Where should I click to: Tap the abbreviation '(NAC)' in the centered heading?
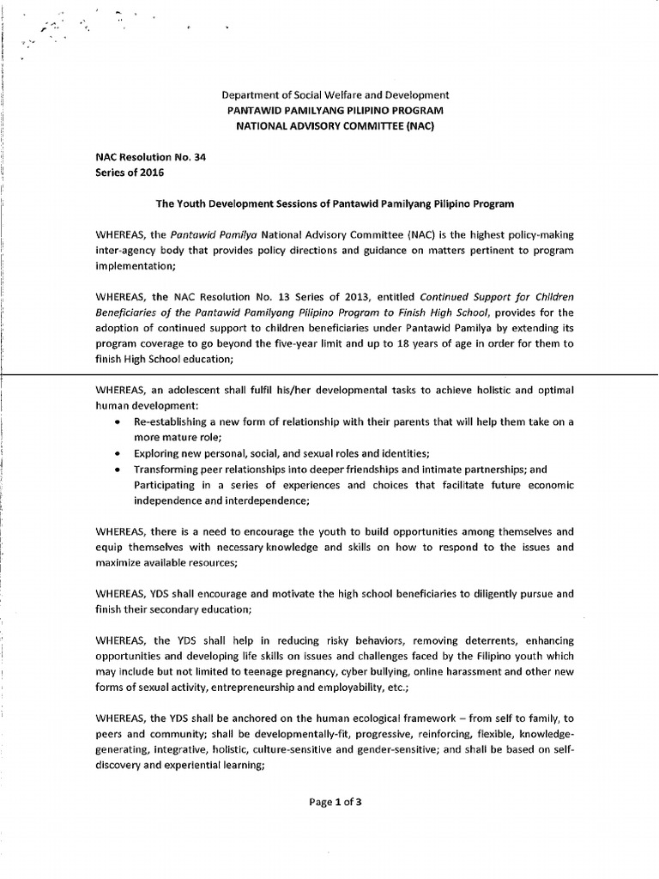(x=417, y=126)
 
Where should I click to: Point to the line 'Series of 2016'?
(x=129, y=172)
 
